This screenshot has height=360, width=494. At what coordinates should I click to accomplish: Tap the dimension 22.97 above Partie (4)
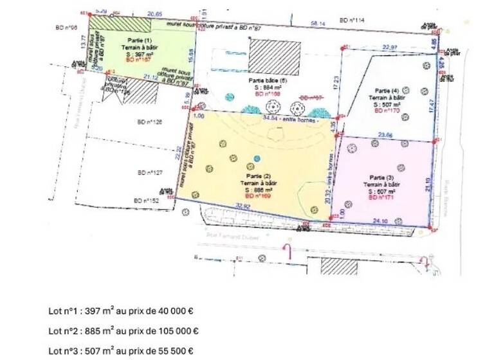coord(389,47)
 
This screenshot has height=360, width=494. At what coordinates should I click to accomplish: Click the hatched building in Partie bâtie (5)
coord(275,57)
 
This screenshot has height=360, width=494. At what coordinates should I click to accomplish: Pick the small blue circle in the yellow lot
coord(257,158)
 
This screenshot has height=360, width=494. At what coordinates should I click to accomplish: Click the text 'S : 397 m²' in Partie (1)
coord(136,55)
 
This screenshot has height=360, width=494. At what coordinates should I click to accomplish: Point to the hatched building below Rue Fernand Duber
coord(338,266)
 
